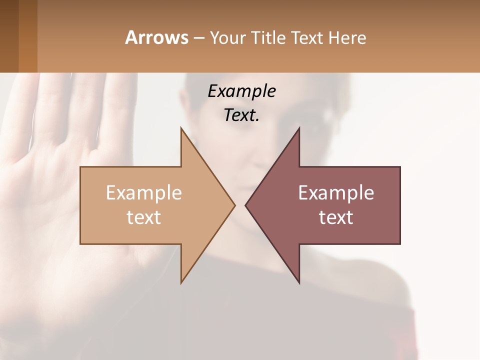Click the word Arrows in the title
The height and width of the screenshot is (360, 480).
[x=156, y=37]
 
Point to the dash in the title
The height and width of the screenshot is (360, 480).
[x=198, y=38]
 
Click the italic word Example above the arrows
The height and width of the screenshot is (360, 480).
[x=241, y=91]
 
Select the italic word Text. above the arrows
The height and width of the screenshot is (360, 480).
[x=241, y=115]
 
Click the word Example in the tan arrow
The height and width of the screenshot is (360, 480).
[x=143, y=192]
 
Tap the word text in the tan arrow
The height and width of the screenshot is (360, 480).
[x=143, y=217]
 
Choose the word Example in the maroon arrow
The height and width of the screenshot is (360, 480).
[x=336, y=192]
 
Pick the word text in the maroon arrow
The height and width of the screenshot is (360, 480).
[x=336, y=217]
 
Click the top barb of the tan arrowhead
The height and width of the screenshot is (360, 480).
[x=182, y=131]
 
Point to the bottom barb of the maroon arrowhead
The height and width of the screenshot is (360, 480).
[x=298, y=281]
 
